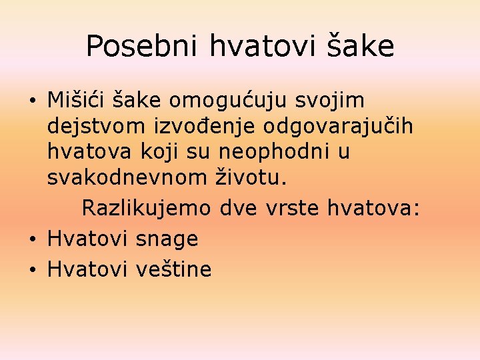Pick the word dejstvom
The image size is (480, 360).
pos(91,126)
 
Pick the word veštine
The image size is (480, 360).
pos(173,269)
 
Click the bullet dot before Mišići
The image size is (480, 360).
pos(32,101)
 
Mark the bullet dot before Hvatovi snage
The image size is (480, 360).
pos(32,239)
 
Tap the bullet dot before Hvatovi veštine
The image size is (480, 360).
pos(32,270)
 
